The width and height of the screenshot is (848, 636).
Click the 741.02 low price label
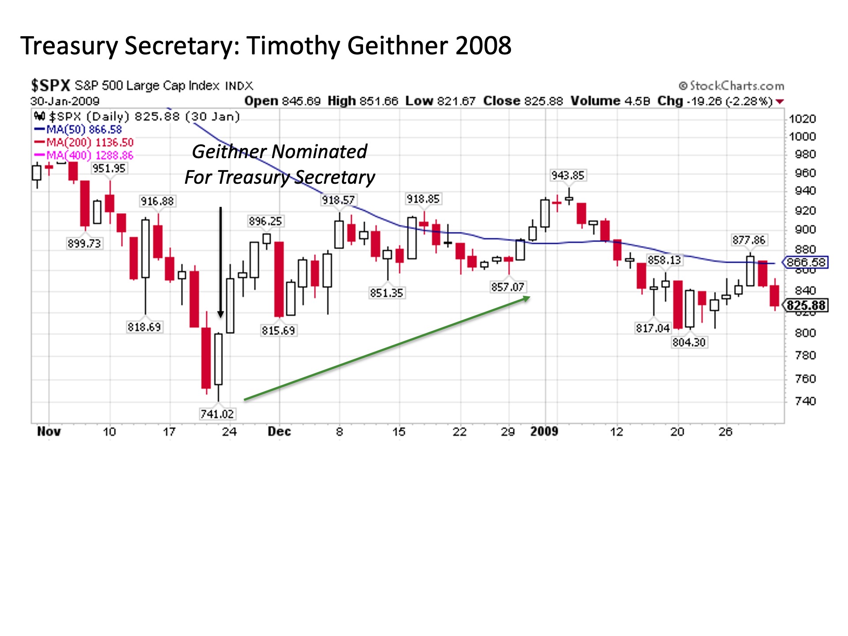pyautogui.click(x=217, y=414)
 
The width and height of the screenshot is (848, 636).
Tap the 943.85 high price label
pyautogui.click(x=568, y=175)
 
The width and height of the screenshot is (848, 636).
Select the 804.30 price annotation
pyautogui.click(x=689, y=342)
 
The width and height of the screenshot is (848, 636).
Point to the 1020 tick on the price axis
pyautogui.click(x=802, y=119)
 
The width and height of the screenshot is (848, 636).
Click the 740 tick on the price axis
pyautogui.click(x=805, y=401)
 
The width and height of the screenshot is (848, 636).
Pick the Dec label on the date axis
pyautogui.click(x=279, y=432)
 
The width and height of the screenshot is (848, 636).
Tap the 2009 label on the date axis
pyautogui.click(x=544, y=432)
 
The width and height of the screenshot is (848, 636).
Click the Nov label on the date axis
pyautogui.click(x=49, y=432)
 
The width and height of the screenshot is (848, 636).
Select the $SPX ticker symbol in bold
pyautogui.click(x=50, y=85)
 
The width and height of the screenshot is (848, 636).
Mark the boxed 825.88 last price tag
pyautogui.click(x=806, y=306)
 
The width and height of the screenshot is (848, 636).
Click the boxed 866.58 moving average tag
pyautogui.click(x=806, y=262)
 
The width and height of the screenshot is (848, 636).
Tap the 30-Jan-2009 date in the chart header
pyautogui.click(x=65, y=101)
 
